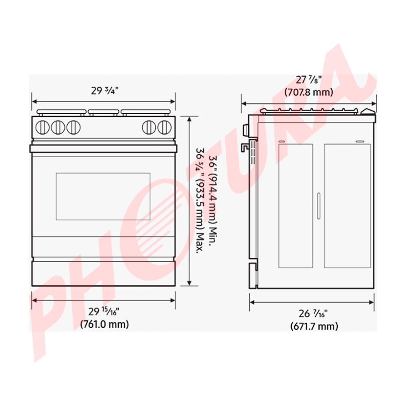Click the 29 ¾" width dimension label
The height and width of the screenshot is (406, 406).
(x=104, y=91)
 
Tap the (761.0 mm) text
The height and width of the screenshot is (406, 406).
(x=105, y=324)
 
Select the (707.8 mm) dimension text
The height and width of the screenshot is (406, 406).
(x=309, y=92)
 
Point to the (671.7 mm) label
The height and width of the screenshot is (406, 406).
(x=314, y=326)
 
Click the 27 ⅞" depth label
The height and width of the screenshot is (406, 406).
(x=309, y=80)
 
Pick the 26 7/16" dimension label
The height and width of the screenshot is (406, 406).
(x=314, y=314)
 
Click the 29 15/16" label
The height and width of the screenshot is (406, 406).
(x=104, y=311)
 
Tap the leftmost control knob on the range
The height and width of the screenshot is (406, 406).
(x=42, y=127)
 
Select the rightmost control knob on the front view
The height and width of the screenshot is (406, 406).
(x=164, y=127)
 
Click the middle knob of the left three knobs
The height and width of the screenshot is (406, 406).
(x=58, y=127)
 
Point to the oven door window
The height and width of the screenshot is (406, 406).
(x=103, y=197)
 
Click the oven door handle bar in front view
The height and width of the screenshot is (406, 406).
(x=104, y=149)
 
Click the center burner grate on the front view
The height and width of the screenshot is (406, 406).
(x=104, y=112)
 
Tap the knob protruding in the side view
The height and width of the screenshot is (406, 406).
(x=245, y=129)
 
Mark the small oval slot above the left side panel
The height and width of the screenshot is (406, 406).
(x=281, y=141)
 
